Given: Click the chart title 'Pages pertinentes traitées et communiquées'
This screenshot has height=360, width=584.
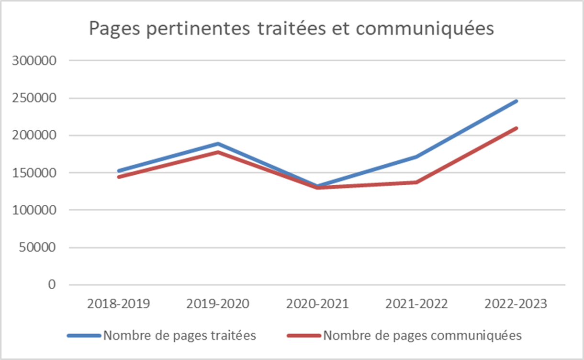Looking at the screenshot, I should [291, 29].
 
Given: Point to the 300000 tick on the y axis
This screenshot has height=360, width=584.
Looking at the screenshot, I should [36, 61].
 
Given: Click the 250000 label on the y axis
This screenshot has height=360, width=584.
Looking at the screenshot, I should [36, 98].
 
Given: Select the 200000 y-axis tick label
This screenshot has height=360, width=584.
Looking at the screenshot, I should [36, 135].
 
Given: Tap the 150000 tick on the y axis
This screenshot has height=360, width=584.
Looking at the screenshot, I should [36, 173].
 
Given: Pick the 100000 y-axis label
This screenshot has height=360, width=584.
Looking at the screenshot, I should [36, 210].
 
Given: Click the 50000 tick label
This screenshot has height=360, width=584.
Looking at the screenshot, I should [39, 247].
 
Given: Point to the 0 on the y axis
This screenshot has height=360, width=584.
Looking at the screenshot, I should [52, 285].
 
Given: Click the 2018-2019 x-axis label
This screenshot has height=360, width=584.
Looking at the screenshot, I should [118, 304].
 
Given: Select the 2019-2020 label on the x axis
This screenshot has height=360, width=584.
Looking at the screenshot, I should [218, 304].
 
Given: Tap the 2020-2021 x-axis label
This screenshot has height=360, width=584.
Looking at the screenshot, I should [317, 304].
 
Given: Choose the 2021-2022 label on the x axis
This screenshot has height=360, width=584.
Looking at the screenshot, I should [416, 304].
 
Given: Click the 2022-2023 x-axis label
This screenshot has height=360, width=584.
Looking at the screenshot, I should [516, 304].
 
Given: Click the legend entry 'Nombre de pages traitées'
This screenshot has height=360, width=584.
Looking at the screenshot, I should [180, 336].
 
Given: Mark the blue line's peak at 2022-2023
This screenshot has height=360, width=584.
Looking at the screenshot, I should [516, 101].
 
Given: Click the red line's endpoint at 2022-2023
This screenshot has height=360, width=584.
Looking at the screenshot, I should [516, 128].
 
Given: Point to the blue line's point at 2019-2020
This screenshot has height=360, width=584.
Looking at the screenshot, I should [218, 144].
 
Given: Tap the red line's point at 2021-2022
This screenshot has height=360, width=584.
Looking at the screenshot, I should [416, 182].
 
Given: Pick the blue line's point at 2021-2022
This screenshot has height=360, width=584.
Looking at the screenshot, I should [416, 157].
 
